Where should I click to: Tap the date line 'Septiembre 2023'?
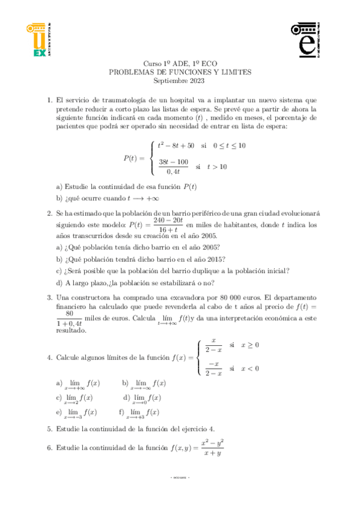pyautogui.click(x=179, y=80)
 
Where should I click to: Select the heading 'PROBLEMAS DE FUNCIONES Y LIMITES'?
pyautogui.click(x=179, y=72)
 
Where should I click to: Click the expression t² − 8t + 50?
pyautogui.click(x=175, y=146)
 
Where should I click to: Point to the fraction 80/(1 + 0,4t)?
pyautogui.click(x=69, y=318)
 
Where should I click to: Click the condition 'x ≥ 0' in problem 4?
pyautogui.click(x=249, y=345)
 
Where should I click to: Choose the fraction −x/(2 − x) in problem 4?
pyautogui.click(x=213, y=369)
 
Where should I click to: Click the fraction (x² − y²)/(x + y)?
pyautogui.click(x=213, y=447)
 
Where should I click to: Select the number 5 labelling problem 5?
pyautogui.click(x=49, y=429)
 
